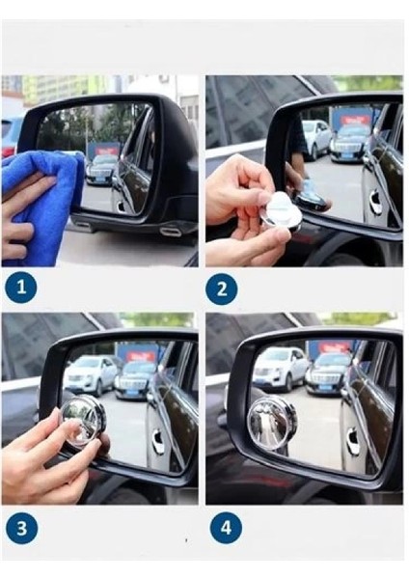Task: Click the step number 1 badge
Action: point(21,288)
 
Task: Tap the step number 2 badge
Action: point(222,289)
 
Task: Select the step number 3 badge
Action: point(22,528)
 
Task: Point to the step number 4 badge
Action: point(226,528)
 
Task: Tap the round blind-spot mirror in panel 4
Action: point(272,423)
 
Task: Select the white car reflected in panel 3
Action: point(90,375)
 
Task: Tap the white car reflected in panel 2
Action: point(316,139)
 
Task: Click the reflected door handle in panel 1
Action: point(120,207)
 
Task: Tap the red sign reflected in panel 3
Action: point(141,356)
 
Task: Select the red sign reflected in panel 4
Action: point(334,347)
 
